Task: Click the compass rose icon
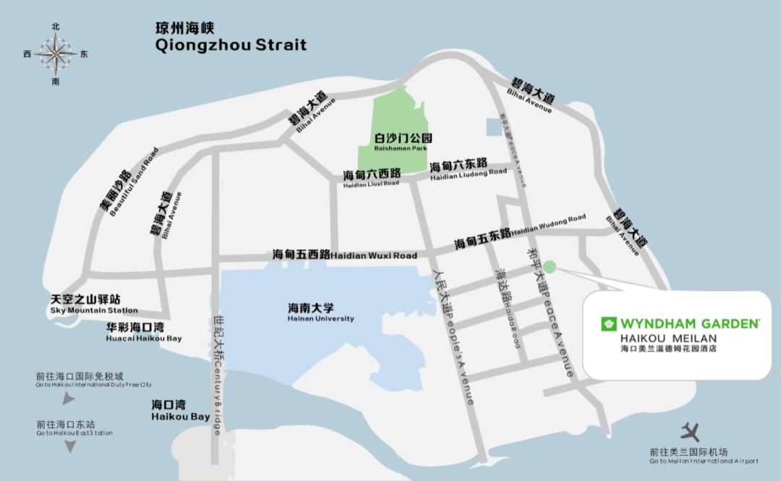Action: (x=56, y=54)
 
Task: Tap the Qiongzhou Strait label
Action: (x=231, y=38)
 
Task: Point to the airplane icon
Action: (x=691, y=433)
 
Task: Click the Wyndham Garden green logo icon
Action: (x=608, y=324)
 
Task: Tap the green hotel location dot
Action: (x=550, y=267)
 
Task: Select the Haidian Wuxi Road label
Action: (x=345, y=255)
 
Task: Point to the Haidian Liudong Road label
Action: (x=469, y=169)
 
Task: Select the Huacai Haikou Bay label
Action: (x=144, y=332)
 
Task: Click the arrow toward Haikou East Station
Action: (x=70, y=446)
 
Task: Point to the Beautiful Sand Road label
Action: (x=130, y=184)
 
